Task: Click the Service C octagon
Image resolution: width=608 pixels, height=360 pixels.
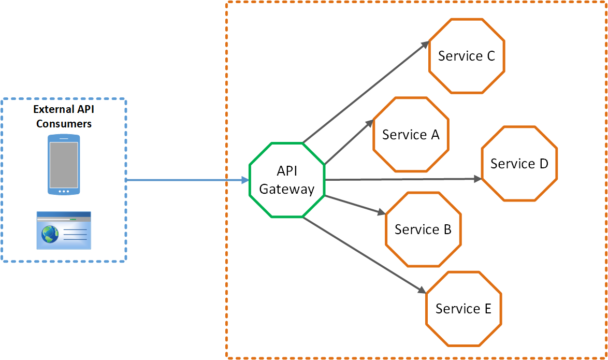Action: [x=467, y=56]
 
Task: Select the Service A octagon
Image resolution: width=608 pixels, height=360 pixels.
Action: [x=411, y=135]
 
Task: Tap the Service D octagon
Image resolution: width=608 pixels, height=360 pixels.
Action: [x=519, y=164]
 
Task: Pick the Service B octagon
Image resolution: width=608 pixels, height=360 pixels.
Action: [x=423, y=229]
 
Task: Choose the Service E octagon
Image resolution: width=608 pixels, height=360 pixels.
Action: [x=464, y=309]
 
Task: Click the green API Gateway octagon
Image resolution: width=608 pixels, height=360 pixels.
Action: [x=286, y=180]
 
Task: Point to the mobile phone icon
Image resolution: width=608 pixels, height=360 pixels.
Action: [x=64, y=164]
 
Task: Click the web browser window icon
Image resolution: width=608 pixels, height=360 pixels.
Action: [x=64, y=230]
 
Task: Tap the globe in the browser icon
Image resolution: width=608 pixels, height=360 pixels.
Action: [x=51, y=234]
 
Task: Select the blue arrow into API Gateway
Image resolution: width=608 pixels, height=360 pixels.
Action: [x=186, y=180]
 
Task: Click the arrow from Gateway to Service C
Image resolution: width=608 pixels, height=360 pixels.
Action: [x=365, y=92]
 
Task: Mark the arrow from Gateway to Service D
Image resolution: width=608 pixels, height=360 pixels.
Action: [x=401, y=179]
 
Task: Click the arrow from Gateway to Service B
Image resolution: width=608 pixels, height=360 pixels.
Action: [x=355, y=205]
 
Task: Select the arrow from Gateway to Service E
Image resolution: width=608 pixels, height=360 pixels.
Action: [x=363, y=254]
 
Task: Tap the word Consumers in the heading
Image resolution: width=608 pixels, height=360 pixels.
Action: [x=64, y=124]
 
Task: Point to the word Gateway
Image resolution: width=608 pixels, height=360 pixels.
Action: [x=286, y=189]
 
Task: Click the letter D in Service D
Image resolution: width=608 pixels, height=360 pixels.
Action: [x=543, y=164]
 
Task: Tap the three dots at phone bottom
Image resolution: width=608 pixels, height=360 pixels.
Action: [x=64, y=191]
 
